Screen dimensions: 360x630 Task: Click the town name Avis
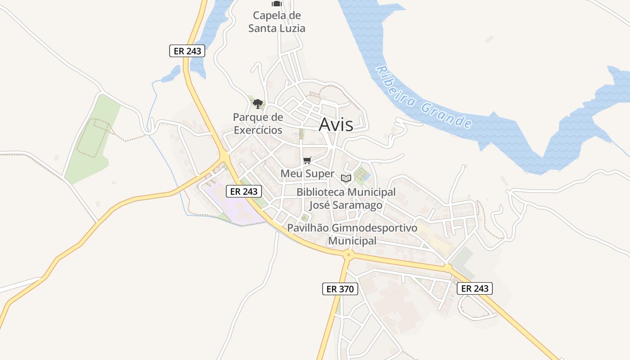coord(336,125)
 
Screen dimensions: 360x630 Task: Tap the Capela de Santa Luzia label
coord(277,22)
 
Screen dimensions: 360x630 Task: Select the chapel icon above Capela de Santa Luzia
coord(276,4)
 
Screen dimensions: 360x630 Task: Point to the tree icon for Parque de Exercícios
coord(257,104)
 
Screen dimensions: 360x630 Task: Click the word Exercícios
coord(258,130)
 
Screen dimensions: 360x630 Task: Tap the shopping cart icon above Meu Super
coord(307,160)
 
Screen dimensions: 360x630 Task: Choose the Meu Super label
coord(307,174)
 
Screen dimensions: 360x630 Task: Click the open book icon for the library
coord(346,178)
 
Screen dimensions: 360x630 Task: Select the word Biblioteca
coord(320,193)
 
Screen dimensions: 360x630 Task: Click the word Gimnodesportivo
coord(374,228)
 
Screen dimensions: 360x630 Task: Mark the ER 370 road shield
coord(340,289)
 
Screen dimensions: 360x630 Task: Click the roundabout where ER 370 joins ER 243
coord(348,255)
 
